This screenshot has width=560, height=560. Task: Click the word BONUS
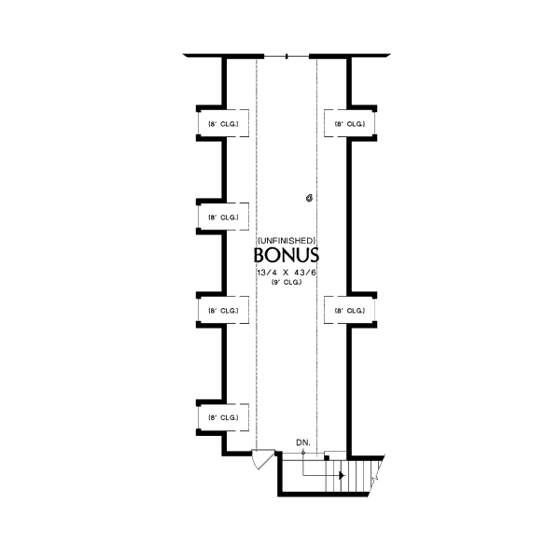tap(287, 255)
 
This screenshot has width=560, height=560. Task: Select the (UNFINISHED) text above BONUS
tap(287, 240)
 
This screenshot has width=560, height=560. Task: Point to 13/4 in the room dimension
tap(268, 271)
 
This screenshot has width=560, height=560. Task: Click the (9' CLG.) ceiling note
tap(287, 281)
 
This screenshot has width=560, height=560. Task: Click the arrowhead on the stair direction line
tap(341, 475)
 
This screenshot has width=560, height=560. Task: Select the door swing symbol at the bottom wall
tap(263, 458)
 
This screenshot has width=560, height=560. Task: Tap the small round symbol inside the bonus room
tap(309, 198)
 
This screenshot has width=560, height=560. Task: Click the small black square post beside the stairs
tap(325, 457)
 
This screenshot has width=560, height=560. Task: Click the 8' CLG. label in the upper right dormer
tap(349, 123)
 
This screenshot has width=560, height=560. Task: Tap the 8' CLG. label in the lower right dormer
tap(349, 310)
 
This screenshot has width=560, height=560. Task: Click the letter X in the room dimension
tap(287, 271)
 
